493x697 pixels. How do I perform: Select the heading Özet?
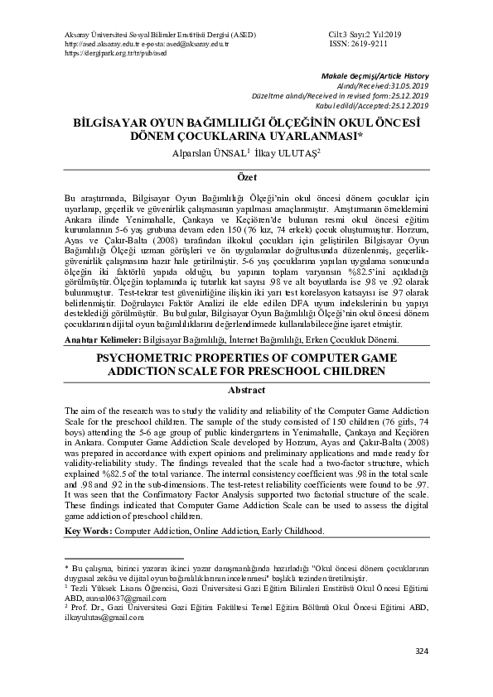[246, 178]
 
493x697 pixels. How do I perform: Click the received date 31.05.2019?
[407, 85]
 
